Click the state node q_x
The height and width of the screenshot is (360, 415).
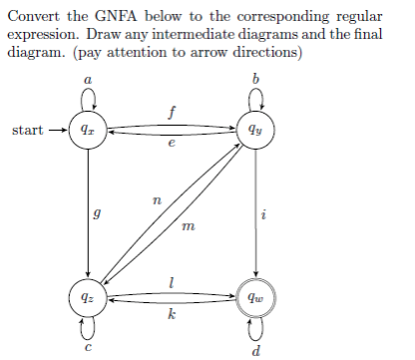91,130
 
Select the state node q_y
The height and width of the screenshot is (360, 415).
258,130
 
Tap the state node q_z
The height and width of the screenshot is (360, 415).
91,296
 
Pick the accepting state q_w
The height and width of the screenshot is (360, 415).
258,296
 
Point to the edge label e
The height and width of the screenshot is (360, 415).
174,146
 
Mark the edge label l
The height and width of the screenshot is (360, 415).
174,278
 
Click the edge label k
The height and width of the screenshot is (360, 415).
174,315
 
